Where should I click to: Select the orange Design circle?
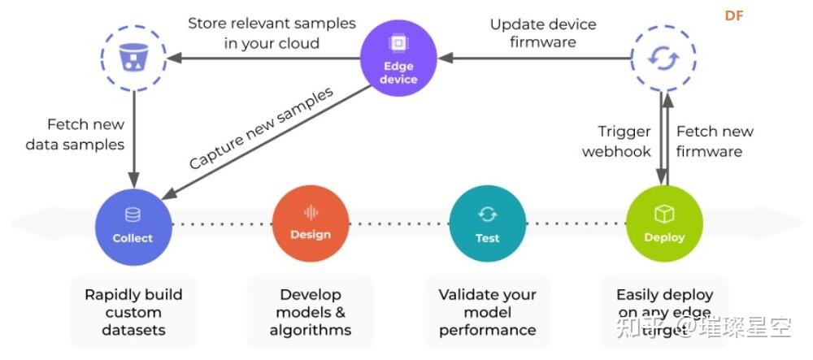[311, 223]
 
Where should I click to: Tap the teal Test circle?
[487, 225]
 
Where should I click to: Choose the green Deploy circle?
[664, 225]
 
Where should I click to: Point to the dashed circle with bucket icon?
[133, 58]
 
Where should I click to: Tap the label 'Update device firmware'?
[543, 33]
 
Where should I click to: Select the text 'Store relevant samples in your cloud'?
[272, 33]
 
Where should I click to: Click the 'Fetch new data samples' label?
[75, 135]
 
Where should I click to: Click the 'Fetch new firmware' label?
[715, 141]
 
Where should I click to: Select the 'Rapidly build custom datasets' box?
[133, 312]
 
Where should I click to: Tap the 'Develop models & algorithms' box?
[311, 312]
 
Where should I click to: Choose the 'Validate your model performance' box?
[487, 312]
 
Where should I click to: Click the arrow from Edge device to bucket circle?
[264, 58]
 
